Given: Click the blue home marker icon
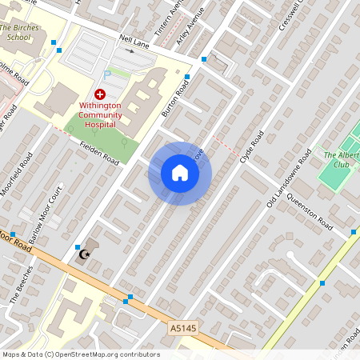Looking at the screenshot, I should coord(179,174).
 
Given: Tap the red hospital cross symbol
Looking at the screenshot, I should coord(99,94).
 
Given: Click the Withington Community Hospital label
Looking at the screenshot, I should coord(100,114).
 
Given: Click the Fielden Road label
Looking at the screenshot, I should coord(99,153).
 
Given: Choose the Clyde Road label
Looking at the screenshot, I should coord(251,148).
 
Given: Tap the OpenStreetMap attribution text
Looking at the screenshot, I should coord(80,354).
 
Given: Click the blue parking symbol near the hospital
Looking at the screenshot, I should coord(107,74).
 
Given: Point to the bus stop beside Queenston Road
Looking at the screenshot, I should coord(353,232).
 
